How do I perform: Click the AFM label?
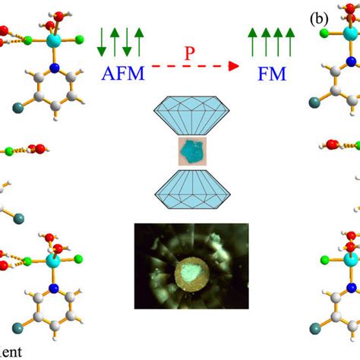tap(122, 74)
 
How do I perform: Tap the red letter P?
tap(191, 52)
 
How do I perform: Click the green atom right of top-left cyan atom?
tap(78, 36)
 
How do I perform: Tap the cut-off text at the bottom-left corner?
tap(11, 352)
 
